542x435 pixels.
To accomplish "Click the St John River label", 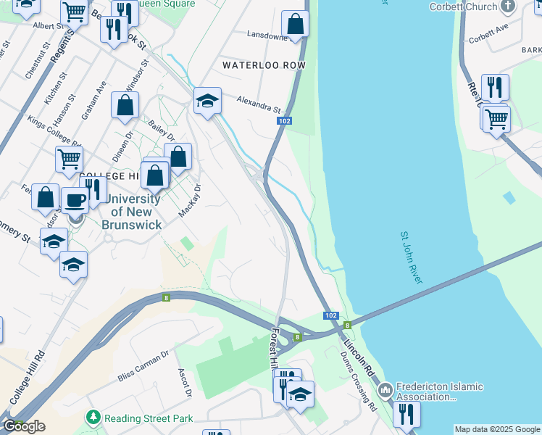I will [410, 257].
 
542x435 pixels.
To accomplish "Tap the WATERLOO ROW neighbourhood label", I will [264, 65].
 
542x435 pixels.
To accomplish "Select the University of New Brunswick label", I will [131, 212].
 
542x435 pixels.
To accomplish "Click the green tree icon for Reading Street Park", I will [93, 418].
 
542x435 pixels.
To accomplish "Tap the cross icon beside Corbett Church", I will [509, 7].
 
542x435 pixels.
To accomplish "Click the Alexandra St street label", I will [259, 104].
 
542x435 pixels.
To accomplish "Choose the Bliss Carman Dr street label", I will [143, 366].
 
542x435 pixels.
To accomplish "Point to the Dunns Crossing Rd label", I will [359, 381].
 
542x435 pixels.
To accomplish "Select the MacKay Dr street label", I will [189, 201].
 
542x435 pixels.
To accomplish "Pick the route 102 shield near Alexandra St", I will [284, 121].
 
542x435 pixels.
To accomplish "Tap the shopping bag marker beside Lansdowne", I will [295, 25].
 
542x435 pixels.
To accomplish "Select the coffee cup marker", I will [74, 200].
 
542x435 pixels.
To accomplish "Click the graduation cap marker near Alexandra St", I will [207, 101].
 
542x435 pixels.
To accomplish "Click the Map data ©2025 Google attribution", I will [496, 429].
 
